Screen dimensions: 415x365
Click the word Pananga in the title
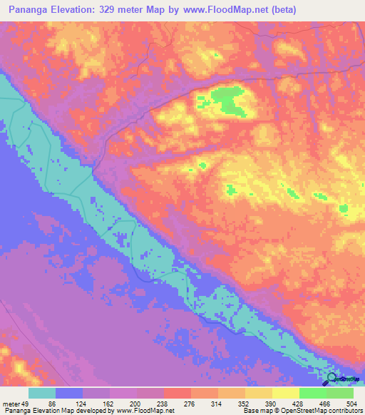(30, 10)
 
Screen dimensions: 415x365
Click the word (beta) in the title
(279, 10)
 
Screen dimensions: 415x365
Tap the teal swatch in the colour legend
(42, 393)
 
